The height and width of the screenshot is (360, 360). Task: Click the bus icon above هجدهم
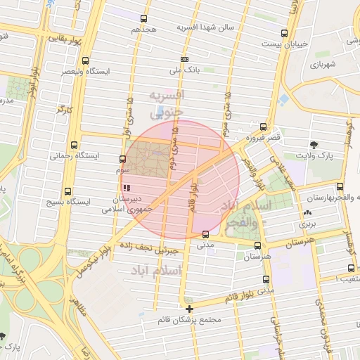point(144,19)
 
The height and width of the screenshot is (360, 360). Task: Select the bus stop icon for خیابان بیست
point(284,33)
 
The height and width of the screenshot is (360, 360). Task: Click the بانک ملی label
point(184,70)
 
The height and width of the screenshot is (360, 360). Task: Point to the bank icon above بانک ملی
point(184,59)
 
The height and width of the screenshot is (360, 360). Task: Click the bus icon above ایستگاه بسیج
point(68,191)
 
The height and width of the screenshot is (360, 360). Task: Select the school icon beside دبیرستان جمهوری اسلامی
point(127,188)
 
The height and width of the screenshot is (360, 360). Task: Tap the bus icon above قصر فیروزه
point(263,127)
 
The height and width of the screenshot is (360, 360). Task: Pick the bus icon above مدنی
point(205,234)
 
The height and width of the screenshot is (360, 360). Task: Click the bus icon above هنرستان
point(257,246)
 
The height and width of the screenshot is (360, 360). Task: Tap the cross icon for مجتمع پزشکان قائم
point(189,309)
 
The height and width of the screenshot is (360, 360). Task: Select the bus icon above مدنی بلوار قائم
point(264,278)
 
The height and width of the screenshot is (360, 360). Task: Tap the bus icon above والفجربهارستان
point(340,186)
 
